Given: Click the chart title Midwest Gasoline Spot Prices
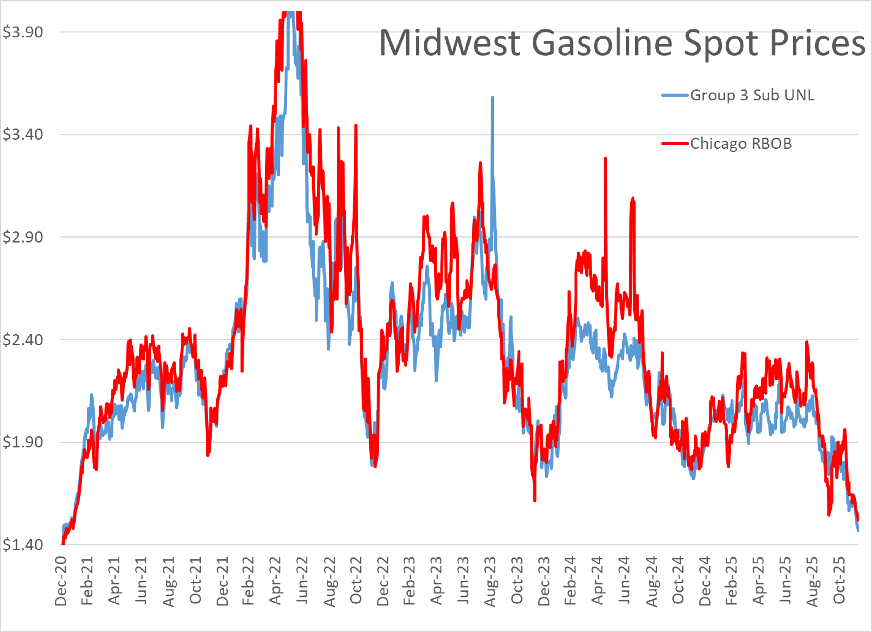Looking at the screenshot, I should click(x=622, y=43).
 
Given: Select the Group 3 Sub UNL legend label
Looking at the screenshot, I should click(x=752, y=95).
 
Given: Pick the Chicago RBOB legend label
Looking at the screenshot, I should click(x=741, y=144).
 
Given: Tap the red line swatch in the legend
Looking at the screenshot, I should click(x=675, y=144).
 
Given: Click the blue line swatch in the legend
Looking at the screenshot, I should click(x=675, y=95).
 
